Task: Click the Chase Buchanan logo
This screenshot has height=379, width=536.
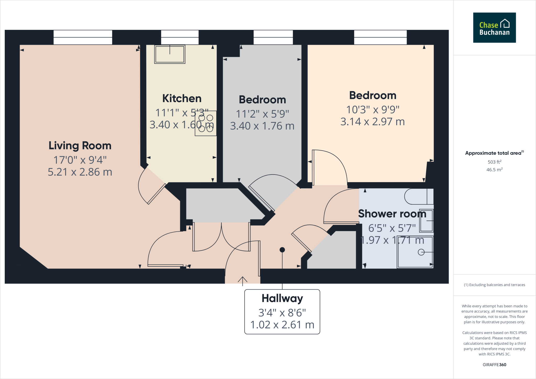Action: click(x=494, y=27)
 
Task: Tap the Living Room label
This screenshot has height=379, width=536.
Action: click(x=80, y=146)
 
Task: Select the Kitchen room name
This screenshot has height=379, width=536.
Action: click(x=182, y=98)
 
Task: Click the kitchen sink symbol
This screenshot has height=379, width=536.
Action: click(x=170, y=54)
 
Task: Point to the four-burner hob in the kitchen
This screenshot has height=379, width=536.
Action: click(x=206, y=123)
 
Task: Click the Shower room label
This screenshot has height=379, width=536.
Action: click(x=392, y=214)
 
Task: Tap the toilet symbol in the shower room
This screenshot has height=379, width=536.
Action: click(x=418, y=196)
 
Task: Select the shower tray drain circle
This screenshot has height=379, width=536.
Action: click(x=421, y=252)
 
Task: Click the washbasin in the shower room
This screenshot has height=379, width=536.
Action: click(x=426, y=221)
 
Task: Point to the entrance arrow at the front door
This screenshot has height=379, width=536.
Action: click(x=243, y=281)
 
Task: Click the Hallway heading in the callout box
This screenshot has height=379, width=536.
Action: click(x=282, y=298)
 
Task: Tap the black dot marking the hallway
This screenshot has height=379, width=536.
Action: click(x=282, y=250)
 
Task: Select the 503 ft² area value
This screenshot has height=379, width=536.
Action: click(x=494, y=162)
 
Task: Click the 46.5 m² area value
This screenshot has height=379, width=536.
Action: click(x=494, y=170)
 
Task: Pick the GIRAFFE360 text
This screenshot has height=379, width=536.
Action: click(x=494, y=365)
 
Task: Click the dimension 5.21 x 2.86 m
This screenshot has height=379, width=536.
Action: click(x=80, y=172)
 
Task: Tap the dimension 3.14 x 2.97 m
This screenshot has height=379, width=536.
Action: click(x=372, y=122)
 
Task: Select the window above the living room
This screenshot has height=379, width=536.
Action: click(x=83, y=37)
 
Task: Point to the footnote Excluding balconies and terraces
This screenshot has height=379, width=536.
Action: click(x=494, y=285)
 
